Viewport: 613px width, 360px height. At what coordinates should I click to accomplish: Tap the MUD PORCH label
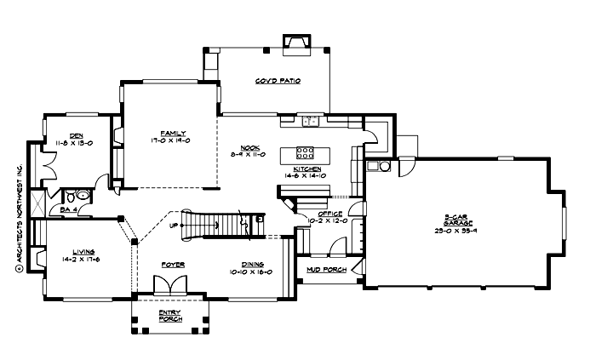326,270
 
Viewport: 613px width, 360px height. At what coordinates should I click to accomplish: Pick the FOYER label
173,265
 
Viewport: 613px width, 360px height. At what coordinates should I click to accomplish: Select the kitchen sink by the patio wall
311,121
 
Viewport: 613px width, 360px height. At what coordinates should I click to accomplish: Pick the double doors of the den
55,161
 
